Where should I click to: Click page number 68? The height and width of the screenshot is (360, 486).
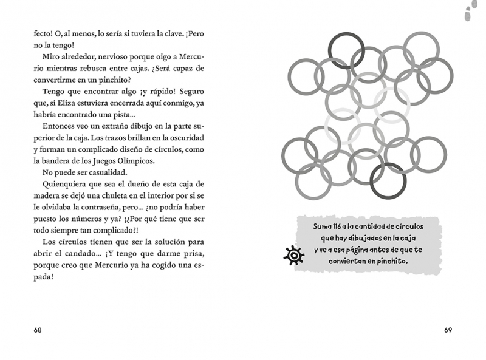[x=38, y=330]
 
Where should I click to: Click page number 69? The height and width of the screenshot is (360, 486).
[x=448, y=330]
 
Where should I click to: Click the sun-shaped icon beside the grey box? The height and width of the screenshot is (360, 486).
[x=294, y=256]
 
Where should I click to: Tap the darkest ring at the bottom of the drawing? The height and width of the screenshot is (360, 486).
[x=388, y=180]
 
